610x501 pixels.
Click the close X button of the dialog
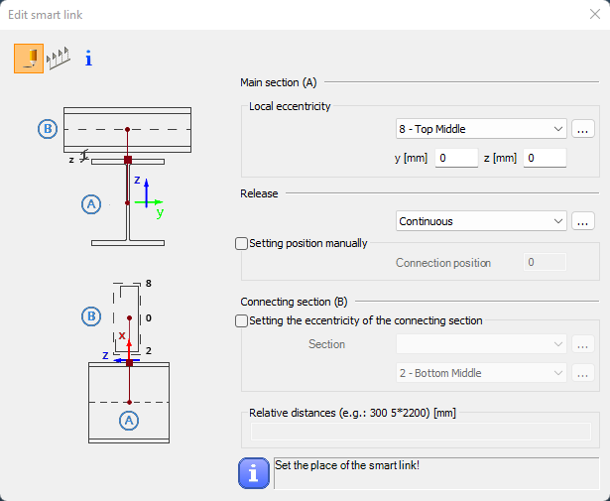(x=595, y=15)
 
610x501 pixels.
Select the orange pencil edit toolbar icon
(x=29, y=59)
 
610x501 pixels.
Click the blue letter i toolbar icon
(x=88, y=59)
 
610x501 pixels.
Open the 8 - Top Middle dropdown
(x=481, y=129)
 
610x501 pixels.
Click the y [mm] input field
(x=456, y=158)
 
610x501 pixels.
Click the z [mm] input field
(x=545, y=158)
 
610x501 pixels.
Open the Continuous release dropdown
(x=481, y=221)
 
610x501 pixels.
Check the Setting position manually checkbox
(x=242, y=243)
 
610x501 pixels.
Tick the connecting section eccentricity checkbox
(x=242, y=320)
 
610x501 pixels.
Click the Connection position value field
(x=545, y=263)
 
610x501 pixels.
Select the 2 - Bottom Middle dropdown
(x=481, y=373)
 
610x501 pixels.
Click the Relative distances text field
(x=421, y=432)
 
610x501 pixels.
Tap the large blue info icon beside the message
(x=254, y=473)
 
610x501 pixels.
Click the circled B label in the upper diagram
(x=48, y=129)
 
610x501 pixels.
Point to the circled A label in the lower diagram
(x=129, y=421)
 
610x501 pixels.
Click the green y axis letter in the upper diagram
(x=160, y=212)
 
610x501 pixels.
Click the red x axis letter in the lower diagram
(x=122, y=335)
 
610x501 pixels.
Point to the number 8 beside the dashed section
(x=148, y=284)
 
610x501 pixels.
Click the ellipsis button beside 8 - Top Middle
(x=583, y=129)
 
